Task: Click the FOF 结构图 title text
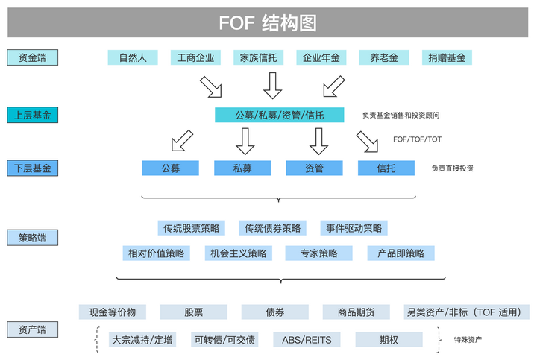click(268, 23)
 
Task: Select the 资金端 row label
click(32, 57)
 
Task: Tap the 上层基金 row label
click(32, 115)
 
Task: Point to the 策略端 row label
click(32, 238)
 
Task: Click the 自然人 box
click(132, 57)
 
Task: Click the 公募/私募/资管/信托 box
click(280, 115)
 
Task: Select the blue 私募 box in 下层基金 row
click(242, 168)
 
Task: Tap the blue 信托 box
click(386, 168)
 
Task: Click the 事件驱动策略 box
click(354, 228)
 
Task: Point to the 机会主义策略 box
click(238, 253)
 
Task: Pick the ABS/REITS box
click(307, 340)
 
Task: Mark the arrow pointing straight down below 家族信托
click(273, 86)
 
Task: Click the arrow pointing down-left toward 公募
click(181, 139)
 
